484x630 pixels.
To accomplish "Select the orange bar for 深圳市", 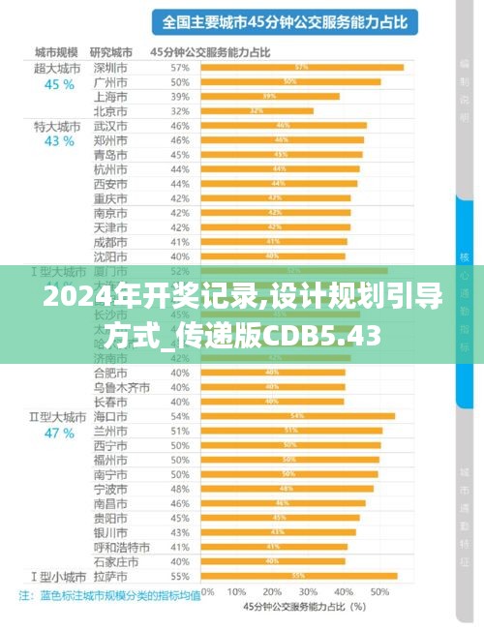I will [301, 68].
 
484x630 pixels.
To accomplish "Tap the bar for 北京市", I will [257, 111].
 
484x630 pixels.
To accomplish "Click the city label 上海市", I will [108, 97].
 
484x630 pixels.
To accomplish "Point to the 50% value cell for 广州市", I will [179, 82].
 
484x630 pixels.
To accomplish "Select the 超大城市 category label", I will [57, 68].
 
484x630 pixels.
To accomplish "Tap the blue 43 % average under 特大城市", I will [59, 141].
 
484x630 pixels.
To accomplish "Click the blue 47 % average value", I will [59, 433].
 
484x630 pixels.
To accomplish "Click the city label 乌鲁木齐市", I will [121, 387].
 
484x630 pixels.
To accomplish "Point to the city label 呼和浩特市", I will [121, 547].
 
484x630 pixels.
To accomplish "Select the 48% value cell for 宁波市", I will [179, 489].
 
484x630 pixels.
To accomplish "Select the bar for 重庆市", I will [276, 198].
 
